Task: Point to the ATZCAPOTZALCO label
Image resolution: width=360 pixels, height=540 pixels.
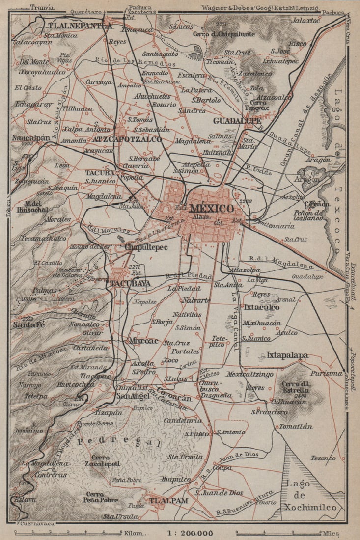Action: coord(127,139)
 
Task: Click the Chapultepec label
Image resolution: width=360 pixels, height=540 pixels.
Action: coord(146,247)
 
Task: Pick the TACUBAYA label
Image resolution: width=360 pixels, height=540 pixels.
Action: coord(130,283)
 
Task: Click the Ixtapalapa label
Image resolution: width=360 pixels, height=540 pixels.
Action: coord(287,354)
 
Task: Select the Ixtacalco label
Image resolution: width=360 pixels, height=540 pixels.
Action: coord(262,307)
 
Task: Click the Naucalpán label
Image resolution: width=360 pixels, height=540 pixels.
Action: coord(32,138)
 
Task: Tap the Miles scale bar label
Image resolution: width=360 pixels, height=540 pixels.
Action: coord(330,533)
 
